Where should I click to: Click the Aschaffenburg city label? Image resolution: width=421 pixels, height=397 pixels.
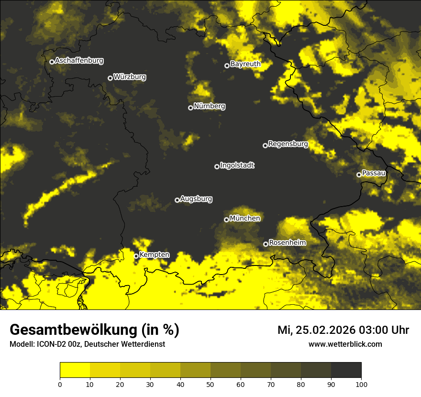click(79, 61)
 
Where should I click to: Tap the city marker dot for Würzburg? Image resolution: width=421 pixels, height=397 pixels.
click(110, 78)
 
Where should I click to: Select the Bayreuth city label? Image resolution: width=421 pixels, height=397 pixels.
click(245, 64)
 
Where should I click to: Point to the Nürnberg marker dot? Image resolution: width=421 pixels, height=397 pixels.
click(190, 108)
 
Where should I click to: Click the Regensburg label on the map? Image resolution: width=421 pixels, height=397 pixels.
click(288, 144)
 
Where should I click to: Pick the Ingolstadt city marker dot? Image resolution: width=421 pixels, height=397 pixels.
click(217, 166)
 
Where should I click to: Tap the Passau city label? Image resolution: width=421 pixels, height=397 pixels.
click(374, 173)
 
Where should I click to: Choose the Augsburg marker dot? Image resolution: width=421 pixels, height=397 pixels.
click(177, 200)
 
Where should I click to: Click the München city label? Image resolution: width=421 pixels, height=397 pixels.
click(245, 219)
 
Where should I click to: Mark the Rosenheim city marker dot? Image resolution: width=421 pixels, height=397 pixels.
click(266, 244)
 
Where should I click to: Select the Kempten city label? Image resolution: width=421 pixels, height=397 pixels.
click(154, 255)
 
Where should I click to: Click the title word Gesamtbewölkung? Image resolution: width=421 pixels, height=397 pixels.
click(73, 330)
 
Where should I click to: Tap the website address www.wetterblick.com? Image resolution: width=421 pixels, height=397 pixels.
click(345, 344)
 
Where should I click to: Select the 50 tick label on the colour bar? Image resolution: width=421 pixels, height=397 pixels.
click(210, 384)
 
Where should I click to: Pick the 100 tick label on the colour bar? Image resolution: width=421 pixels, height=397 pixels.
click(361, 384)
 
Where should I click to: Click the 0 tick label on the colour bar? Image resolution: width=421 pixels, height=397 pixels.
click(60, 384)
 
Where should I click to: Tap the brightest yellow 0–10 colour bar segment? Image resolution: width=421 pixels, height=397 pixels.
click(75, 370)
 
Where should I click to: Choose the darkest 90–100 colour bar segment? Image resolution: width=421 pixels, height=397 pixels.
click(346, 370)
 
